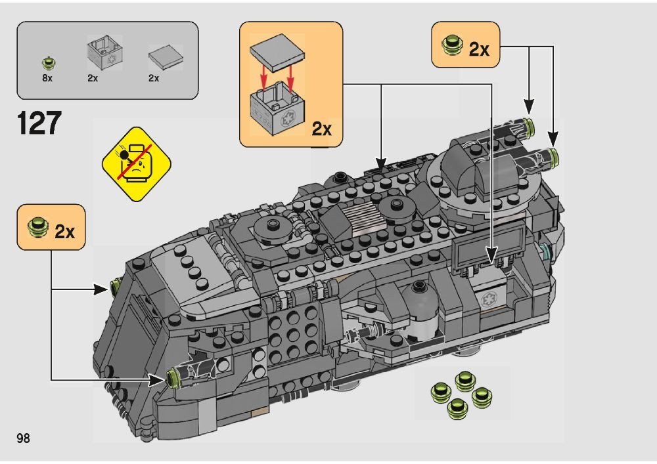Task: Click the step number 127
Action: click(x=39, y=123)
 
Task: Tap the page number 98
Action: click(x=24, y=438)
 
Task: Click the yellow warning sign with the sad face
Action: click(x=137, y=164)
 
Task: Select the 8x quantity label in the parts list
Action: click(x=47, y=78)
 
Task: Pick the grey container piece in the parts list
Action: click(x=104, y=53)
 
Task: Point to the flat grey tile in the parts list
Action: click(x=166, y=57)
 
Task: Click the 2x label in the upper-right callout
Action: click(x=479, y=49)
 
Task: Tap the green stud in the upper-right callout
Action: click(x=452, y=45)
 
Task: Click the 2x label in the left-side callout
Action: click(x=64, y=232)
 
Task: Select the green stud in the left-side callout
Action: click(x=37, y=227)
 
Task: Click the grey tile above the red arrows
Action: click(x=277, y=53)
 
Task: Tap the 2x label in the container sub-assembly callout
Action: click(x=321, y=129)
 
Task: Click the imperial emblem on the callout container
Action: click(x=288, y=119)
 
